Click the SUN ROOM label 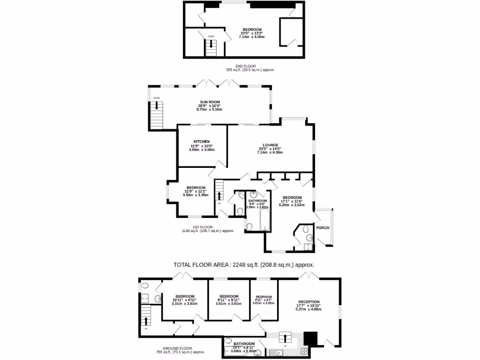210,102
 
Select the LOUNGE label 270,145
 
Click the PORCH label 322,228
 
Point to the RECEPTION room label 308,302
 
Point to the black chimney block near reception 310,338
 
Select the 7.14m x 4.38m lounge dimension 270,152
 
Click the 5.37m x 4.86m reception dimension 308,309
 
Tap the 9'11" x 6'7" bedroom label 263,300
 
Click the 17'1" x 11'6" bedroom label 292,201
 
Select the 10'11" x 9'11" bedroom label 185,300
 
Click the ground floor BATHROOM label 244,344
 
